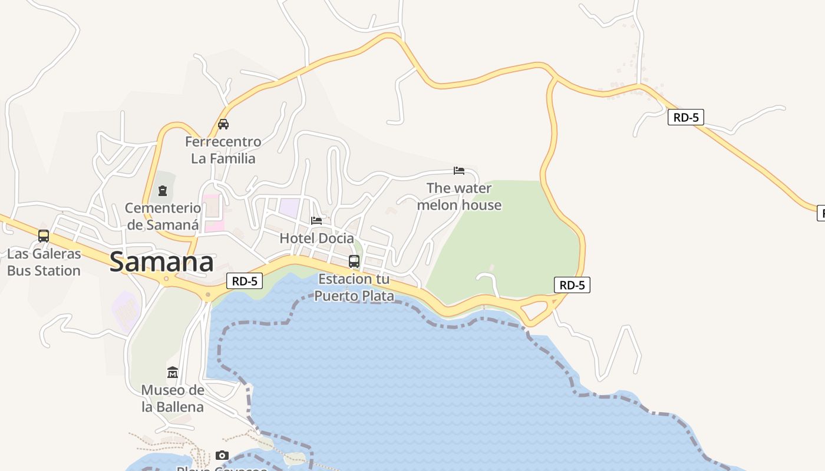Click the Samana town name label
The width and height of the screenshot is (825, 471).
161,263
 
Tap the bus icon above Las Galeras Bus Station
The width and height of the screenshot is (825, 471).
44,236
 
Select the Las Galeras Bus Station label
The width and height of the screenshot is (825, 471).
44,263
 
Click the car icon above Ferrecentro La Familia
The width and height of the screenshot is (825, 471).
223,124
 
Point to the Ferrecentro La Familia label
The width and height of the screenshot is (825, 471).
223,150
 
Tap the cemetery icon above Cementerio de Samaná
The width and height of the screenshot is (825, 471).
163,191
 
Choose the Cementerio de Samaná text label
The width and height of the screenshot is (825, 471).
163,216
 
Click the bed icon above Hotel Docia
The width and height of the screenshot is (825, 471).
316,221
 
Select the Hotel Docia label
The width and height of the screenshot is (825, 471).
317,238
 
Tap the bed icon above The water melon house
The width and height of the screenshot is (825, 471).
459,171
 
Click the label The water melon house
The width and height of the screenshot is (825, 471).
459,197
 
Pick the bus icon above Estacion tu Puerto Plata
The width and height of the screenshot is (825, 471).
354,261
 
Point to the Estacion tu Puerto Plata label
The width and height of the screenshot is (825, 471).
354,287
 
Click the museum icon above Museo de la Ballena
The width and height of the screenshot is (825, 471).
173,373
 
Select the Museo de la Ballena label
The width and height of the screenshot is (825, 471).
173,399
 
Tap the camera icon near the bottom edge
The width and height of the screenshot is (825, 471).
222,455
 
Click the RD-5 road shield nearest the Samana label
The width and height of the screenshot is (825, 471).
245,281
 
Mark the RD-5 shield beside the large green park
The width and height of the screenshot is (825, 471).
572,286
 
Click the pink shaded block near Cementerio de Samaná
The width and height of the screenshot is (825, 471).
213,213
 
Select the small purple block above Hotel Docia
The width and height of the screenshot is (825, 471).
289,207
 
